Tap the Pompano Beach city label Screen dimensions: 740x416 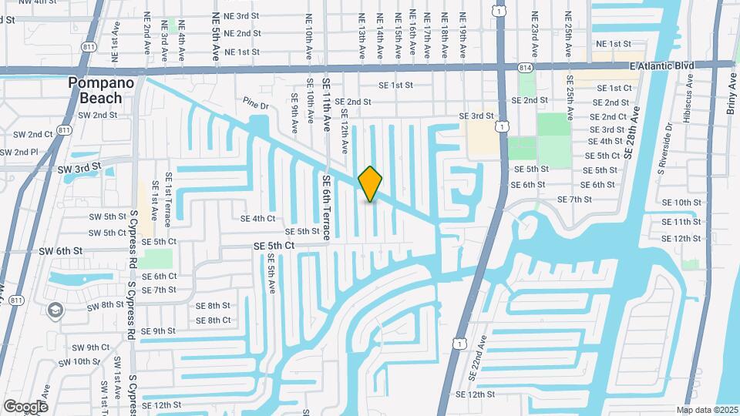[101, 90]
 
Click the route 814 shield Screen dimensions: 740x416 [526, 67]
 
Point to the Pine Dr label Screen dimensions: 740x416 [254, 103]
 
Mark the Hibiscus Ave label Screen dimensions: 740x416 [688, 101]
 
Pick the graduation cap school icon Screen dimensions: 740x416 [55, 310]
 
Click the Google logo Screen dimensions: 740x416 [25, 406]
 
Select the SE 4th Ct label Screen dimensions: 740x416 [258, 218]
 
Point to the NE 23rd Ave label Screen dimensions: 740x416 [537, 26]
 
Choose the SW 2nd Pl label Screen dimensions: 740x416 [18, 152]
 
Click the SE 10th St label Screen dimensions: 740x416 [681, 203]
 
